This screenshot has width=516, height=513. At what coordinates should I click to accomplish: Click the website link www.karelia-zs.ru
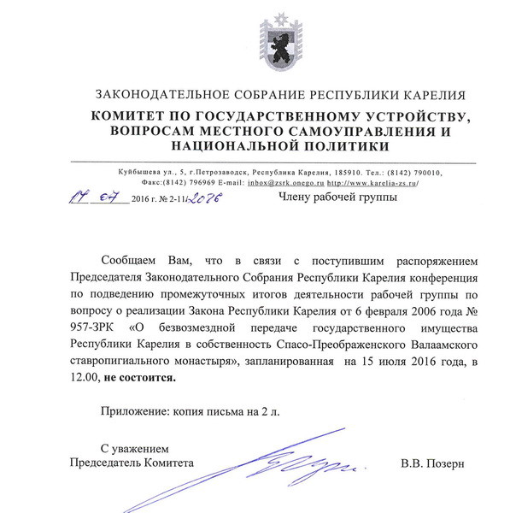[373, 182]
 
